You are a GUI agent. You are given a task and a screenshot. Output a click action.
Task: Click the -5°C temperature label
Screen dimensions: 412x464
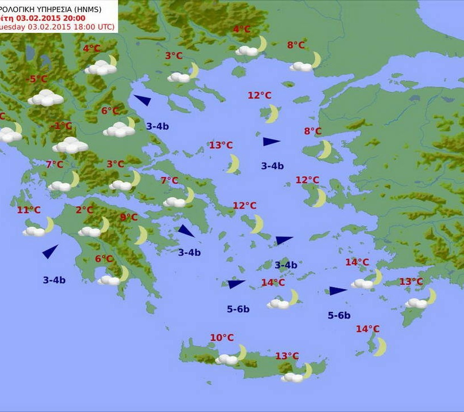[x=38, y=79]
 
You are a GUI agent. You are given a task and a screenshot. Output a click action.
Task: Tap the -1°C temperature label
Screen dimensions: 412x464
[x=63, y=126]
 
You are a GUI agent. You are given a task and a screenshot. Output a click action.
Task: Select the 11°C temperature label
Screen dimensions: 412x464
[x=28, y=210]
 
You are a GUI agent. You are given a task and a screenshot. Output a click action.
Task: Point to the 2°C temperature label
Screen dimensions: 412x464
[x=84, y=210]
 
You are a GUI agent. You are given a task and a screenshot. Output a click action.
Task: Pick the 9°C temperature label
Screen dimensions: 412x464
[x=128, y=218]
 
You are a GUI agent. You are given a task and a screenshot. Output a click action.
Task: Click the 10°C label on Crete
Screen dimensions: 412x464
[x=222, y=338]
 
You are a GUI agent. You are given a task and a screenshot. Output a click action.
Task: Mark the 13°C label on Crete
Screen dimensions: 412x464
[x=287, y=356]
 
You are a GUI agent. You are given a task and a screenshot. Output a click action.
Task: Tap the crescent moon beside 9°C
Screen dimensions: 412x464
[x=141, y=235]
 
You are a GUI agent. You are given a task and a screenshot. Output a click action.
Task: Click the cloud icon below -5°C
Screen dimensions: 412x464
[x=45, y=98]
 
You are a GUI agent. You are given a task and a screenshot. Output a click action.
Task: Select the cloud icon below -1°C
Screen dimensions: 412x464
[x=70, y=146]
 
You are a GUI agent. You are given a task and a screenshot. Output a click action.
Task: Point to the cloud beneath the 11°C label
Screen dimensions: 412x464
[x=34, y=231]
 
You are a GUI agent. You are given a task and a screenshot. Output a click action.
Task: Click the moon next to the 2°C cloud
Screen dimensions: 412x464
[x=104, y=225]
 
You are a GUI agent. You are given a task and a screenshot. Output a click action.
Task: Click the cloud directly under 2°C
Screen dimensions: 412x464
[x=89, y=231]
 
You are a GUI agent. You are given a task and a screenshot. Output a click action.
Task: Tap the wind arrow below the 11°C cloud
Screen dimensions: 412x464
[x=50, y=251]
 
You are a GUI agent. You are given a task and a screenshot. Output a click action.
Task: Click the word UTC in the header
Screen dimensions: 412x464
[x=105, y=27]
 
